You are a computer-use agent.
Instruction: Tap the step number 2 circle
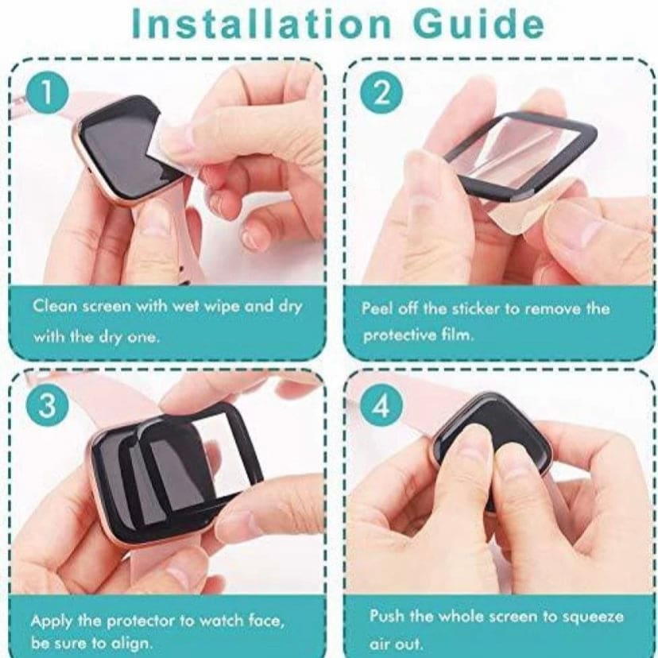click(382, 93)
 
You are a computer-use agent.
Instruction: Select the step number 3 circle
click(48, 405)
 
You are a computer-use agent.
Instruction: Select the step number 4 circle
click(382, 406)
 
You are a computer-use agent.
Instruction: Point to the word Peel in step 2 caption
click(377, 308)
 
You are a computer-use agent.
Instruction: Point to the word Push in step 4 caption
click(386, 617)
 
